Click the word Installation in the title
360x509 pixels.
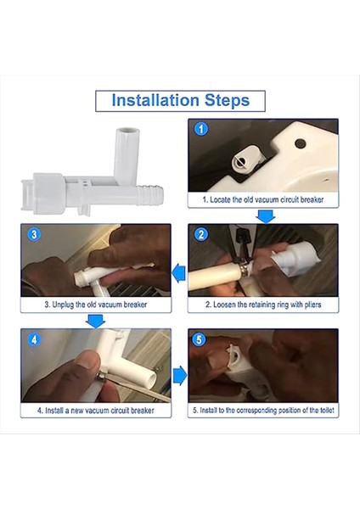click(155, 100)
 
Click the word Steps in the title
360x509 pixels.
click(227, 101)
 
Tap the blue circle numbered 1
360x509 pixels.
click(201, 129)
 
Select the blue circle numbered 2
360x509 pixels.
click(201, 234)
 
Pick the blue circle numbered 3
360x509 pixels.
click(34, 234)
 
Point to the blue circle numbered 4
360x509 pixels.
click(34, 340)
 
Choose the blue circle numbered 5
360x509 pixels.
click(199, 339)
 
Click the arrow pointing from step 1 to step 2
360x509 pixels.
click(266, 216)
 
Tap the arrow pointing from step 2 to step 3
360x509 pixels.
click(178, 273)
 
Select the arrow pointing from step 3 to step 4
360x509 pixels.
click(96, 321)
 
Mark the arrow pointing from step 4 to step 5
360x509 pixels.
click(180, 376)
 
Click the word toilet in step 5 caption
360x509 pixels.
click(327, 411)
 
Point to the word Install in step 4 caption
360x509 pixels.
click(54, 411)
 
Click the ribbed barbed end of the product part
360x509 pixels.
click(149, 195)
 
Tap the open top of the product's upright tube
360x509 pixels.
click(128, 131)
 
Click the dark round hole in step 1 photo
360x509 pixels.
click(300, 143)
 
